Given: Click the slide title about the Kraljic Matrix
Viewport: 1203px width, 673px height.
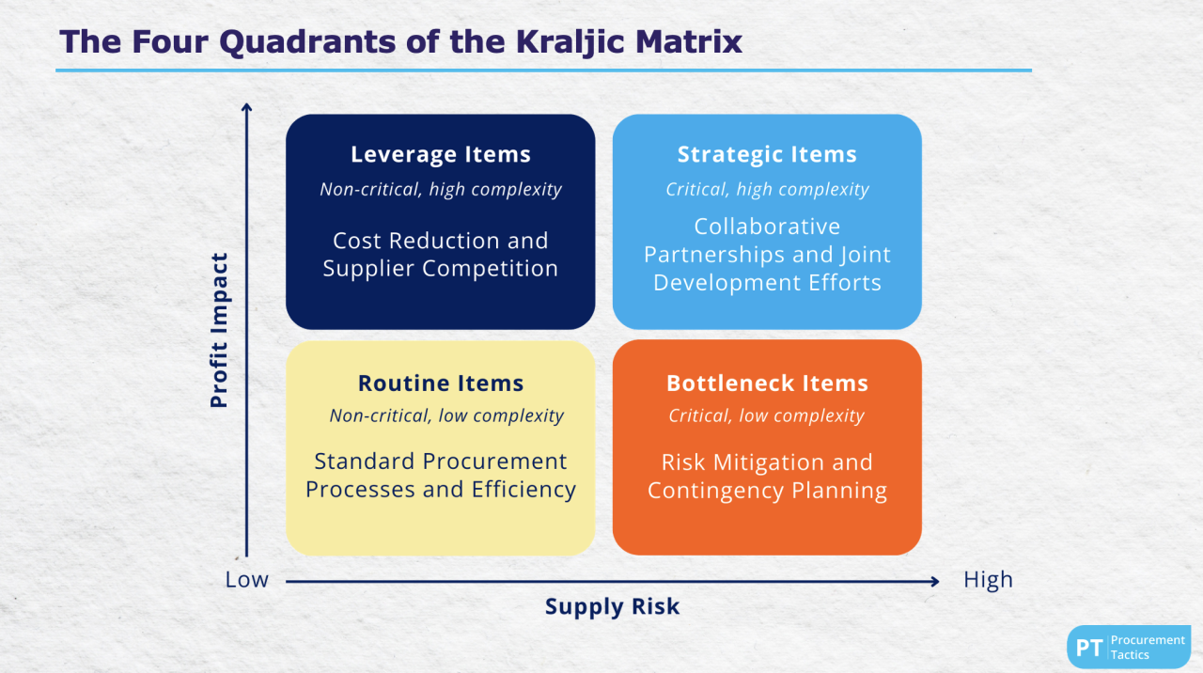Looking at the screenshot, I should point(401,42).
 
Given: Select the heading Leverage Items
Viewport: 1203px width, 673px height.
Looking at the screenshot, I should point(441,155).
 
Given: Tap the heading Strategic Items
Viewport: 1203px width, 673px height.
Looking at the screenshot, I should point(767,155).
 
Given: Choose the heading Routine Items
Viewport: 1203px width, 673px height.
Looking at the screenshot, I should point(441,383).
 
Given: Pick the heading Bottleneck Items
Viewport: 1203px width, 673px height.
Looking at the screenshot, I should point(767,383).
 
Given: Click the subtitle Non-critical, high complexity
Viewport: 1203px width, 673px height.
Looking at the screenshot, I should point(441,190).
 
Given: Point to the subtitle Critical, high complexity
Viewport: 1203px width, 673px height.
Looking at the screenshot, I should point(767,190).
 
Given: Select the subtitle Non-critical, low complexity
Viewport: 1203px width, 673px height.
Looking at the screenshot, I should point(446,415).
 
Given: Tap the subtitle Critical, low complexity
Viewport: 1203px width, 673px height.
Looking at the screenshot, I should point(766,415).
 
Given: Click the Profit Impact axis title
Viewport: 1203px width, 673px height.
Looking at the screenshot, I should point(219,330).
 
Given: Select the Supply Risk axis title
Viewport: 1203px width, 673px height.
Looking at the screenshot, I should point(612,607).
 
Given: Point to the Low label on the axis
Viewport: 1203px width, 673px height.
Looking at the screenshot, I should point(246,580).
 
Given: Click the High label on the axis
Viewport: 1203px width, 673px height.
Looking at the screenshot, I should point(988,580).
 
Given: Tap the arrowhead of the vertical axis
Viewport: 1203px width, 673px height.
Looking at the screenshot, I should point(247,108).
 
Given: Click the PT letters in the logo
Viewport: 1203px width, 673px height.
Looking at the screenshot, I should point(1088,648).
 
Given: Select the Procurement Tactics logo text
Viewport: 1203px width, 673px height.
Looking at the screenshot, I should point(1148,648).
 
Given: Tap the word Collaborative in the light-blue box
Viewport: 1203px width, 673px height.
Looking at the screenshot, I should point(767,227).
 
